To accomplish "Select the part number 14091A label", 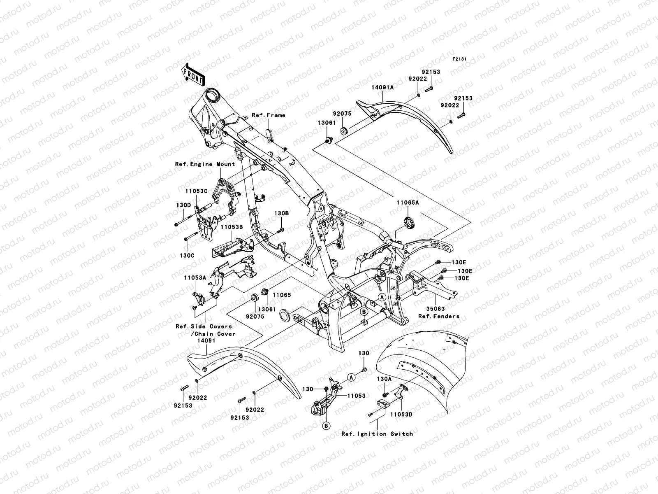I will [x=382, y=88].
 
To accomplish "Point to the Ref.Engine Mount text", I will [x=205, y=164].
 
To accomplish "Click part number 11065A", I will [x=408, y=203].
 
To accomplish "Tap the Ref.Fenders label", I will [x=439, y=317].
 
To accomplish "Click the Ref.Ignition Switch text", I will [x=377, y=434].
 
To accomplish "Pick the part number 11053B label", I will [x=232, y=227].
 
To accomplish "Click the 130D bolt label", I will [x=184, y=205].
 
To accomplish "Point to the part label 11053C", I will [x=196, y=191].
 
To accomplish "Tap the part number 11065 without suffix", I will [x=282, y=295].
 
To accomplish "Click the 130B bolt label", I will [x=282, y=214].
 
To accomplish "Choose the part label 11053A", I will [x=195, y=278].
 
